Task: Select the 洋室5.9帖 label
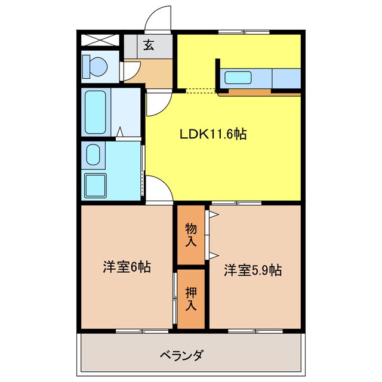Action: [253, 270]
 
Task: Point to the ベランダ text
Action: [183, 356]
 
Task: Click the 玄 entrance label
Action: [149, 45]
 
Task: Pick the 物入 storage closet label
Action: [190, 234]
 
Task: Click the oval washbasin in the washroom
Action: [93, 155]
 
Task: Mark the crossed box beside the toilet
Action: [101, 41]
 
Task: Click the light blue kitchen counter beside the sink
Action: [285, 78]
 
